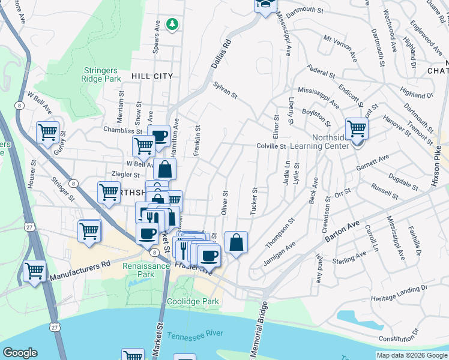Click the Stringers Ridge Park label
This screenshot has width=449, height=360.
(103, 74)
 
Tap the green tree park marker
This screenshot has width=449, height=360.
(173, 24)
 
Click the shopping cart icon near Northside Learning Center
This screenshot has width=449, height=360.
(357, 128)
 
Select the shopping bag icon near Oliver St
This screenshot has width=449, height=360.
(237, 242)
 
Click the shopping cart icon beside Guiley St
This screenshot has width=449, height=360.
(47, 131)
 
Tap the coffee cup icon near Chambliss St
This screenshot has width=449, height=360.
(158, 135)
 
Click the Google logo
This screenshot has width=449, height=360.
(20, 353)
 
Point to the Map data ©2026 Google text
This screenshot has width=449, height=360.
(411, 355)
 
